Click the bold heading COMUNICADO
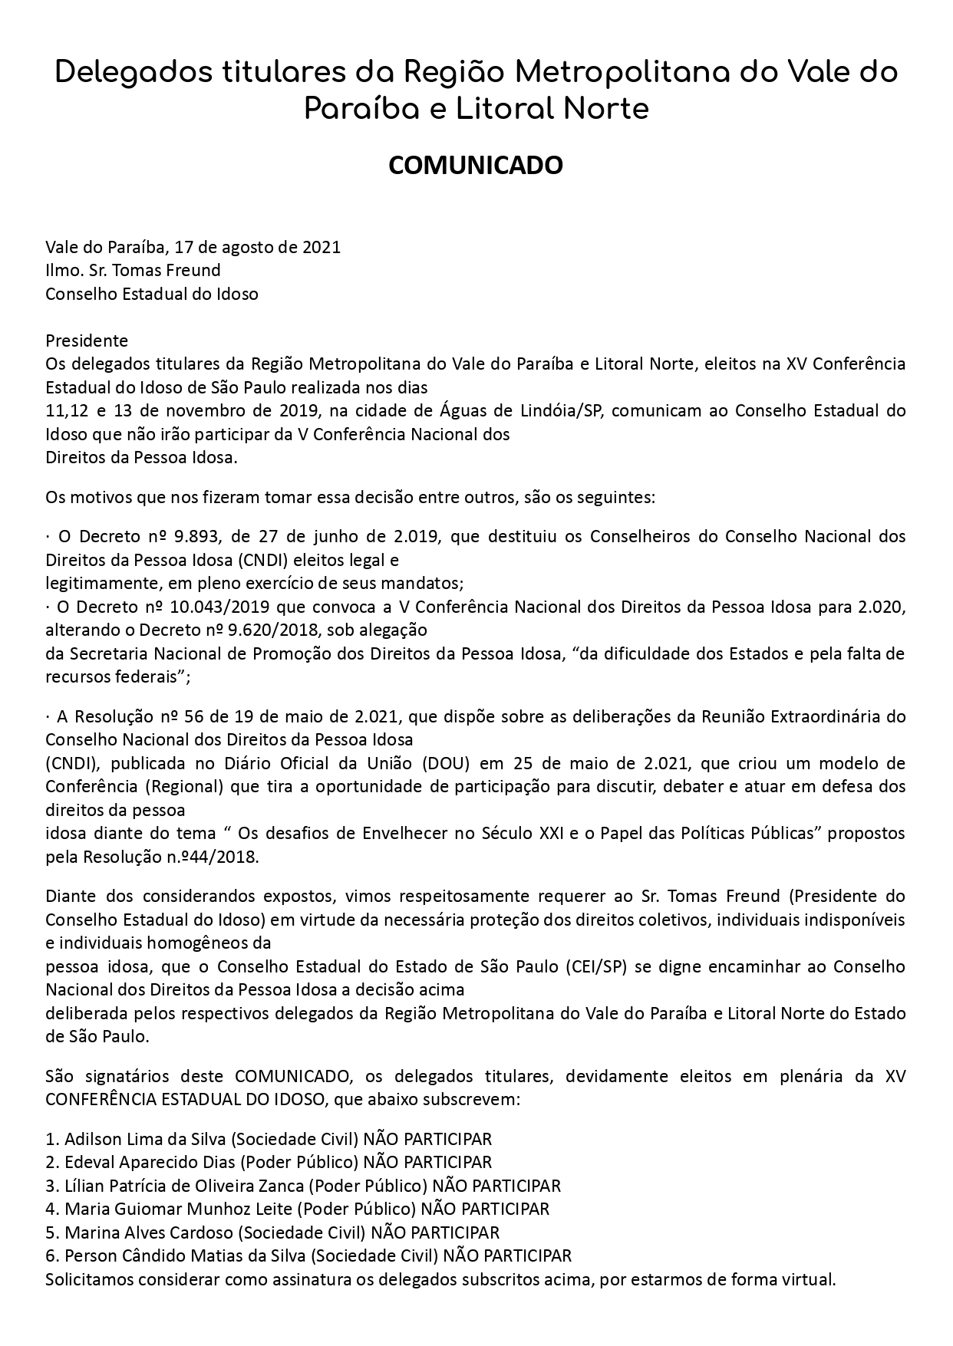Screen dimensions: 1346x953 coord(476,165)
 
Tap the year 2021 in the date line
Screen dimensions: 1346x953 coord(322,247)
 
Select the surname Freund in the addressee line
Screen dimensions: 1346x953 coord(195,270)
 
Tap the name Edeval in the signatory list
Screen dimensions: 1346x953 coord(89,1162)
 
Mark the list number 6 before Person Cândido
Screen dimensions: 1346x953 coord(51,1255)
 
